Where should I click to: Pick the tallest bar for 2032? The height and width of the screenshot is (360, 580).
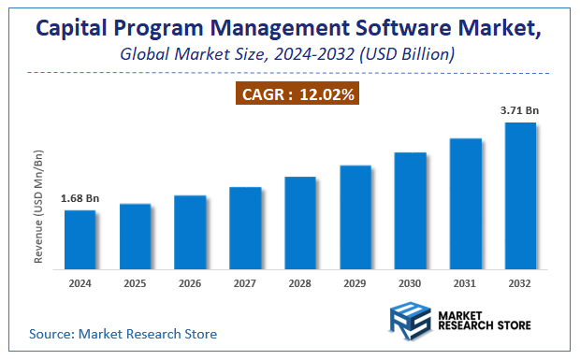520,197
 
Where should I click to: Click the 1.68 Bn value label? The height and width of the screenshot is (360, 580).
80,198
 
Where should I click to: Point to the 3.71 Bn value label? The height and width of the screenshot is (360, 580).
520,111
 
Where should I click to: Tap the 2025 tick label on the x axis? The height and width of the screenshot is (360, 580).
135,283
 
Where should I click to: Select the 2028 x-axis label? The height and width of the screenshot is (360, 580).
300,283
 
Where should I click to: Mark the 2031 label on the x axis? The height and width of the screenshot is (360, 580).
465,283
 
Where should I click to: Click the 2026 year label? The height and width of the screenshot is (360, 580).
190,283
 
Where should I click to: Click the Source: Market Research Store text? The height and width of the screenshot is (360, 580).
123,333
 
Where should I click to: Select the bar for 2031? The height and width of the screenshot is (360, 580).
465,205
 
